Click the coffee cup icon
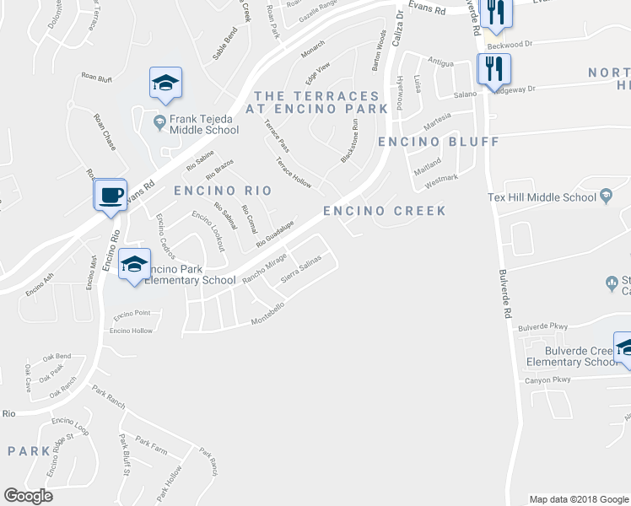[110, 196]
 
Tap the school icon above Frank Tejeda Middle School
[166, 83]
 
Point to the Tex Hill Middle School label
[542, 197]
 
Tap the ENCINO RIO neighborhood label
[215, 191]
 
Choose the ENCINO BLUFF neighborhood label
[438, 142]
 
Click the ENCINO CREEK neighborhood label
[385, 210]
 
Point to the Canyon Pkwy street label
[548, 379]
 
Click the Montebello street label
[270, 316]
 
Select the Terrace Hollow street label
[294, 173]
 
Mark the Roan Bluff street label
[97, 78]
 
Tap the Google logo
[28, 496]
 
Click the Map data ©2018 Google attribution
[578, 498]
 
